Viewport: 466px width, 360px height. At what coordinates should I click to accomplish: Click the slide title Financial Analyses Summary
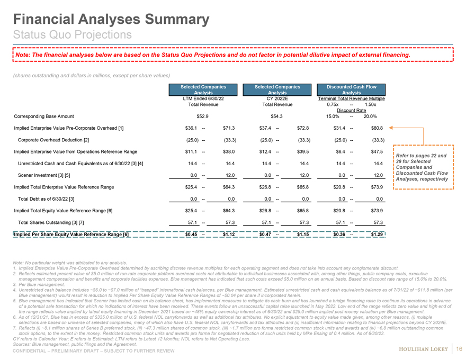click(x=111, y=20)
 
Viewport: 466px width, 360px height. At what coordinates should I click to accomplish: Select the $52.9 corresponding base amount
click(x=203, y=116)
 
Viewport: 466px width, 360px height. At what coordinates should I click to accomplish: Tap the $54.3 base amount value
click(x=277, y=116)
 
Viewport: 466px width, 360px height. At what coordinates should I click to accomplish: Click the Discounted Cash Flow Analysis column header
click(x=351, y=89)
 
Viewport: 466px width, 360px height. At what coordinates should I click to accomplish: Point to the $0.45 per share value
click(x=192, y=235)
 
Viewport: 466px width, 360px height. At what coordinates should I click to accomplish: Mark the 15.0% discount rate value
click(x=332, y=116)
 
